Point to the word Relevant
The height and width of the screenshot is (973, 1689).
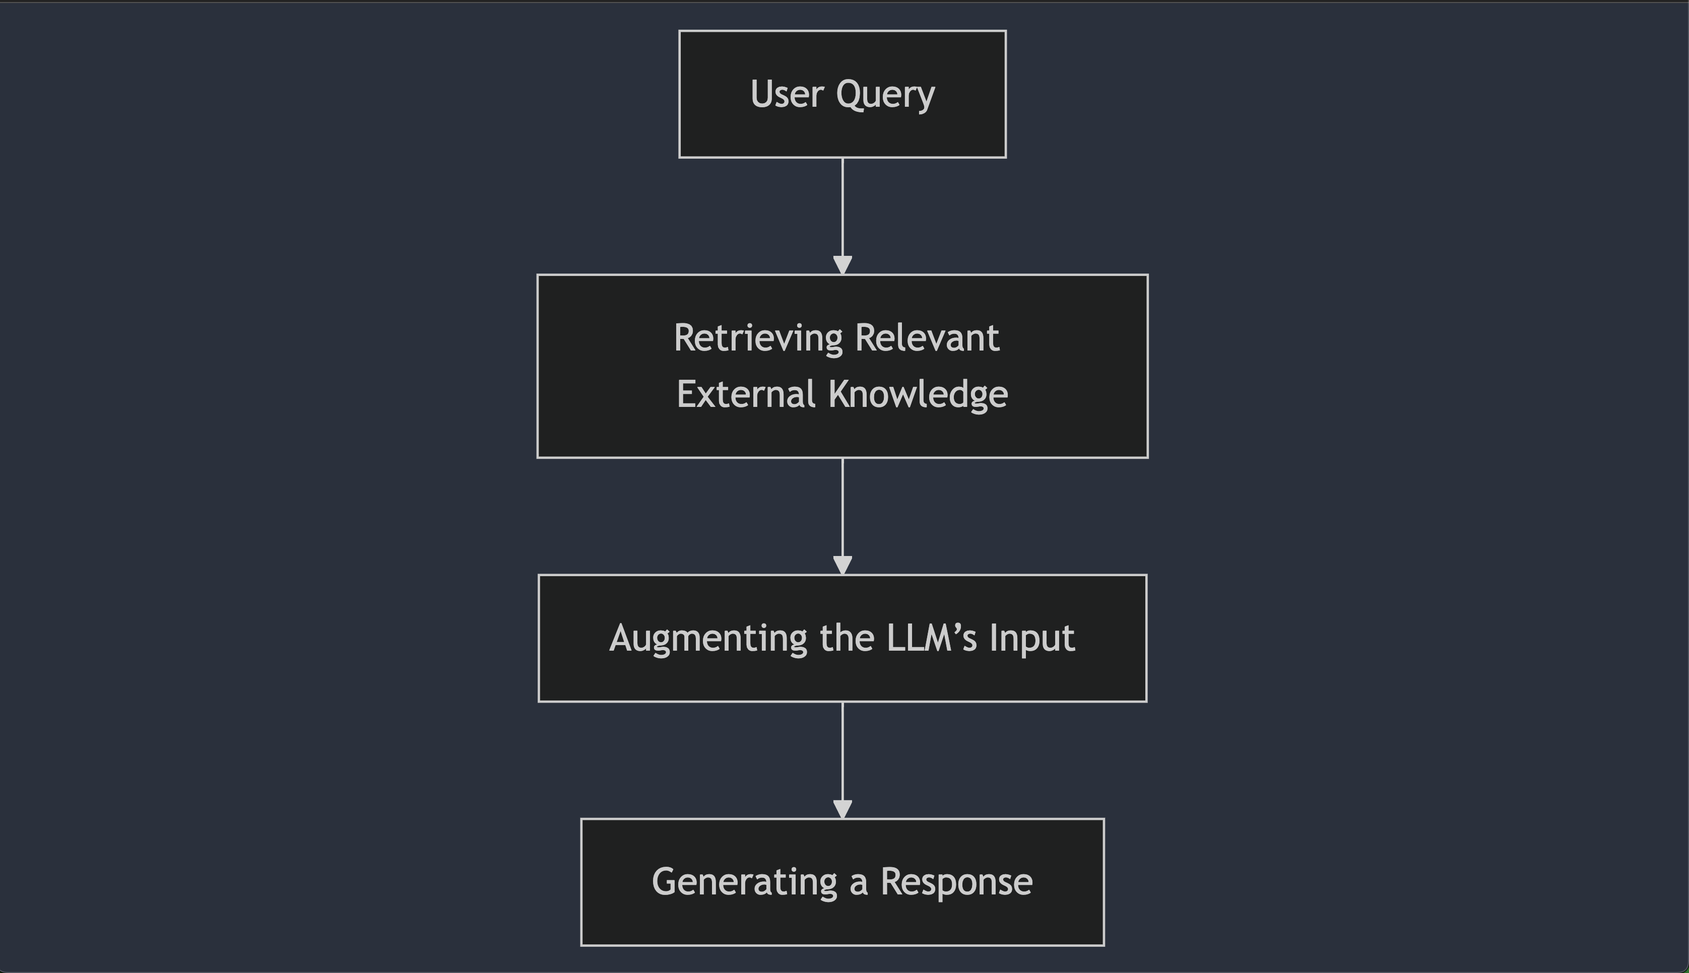click(927, 338)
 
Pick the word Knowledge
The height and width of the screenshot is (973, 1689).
click(918, 395)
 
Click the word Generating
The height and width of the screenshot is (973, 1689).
click(744, 883)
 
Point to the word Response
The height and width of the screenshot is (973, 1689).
click(956, 883)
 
